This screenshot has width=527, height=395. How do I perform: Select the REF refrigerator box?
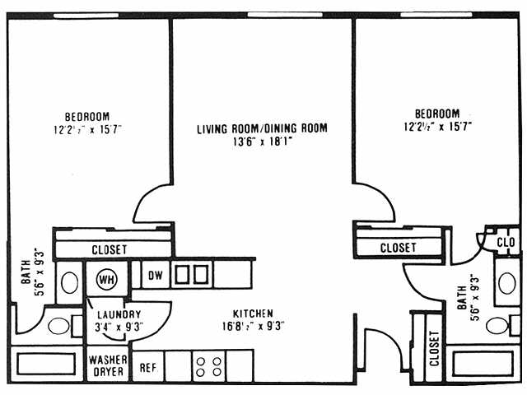[148, 367]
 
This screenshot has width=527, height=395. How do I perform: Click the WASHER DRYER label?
[108, 365]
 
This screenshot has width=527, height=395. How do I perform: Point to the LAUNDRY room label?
[119, 314]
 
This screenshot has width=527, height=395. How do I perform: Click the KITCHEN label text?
[253, 314]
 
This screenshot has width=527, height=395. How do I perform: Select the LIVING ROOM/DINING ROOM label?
[262, 128]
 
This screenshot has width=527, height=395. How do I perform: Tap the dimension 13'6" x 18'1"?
[262, 141]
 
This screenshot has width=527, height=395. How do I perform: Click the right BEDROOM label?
[436, 114]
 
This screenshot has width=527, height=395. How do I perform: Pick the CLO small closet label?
[506, 242]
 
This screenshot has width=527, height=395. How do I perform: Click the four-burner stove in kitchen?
[210, 365]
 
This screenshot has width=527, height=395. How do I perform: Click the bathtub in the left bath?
[45, 364]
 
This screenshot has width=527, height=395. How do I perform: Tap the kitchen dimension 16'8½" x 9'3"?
[253, 326]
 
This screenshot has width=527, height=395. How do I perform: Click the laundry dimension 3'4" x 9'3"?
[119, 326]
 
